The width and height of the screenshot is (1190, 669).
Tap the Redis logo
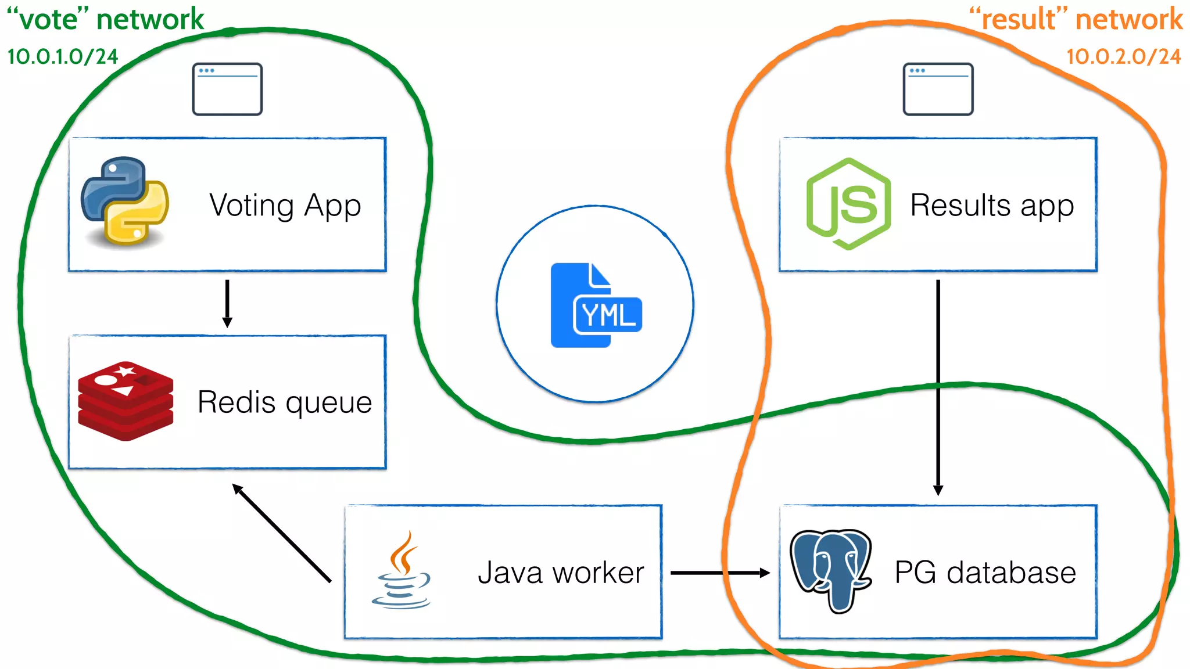pyautogui.click(x=126, y=401)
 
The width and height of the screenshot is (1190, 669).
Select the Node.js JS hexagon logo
pyautogui.click(x=848, y=204)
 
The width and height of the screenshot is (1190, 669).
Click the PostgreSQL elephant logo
pyautogui.click(x=831, y=570)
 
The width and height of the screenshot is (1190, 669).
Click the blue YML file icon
pyautogui.click(x=595, y=305)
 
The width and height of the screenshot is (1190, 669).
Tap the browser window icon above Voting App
pyautogui.click(x=227, y=89)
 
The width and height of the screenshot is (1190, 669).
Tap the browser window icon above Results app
pyautogui.click(x=938, y=89)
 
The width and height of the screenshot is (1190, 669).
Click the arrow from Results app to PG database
pyautogui.click(x=938, y=387)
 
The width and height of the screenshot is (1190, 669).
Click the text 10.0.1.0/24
pyautogui.click(x=63, y=57)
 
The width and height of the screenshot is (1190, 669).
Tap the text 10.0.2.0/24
pyautogui.click(x=1123, y=57)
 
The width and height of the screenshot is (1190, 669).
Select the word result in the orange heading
pyautogui.click(x=1019, y=20)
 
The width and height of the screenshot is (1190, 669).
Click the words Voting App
pyautogui.click(x=285, y=206)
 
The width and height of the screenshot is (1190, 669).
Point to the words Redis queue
pyautogui.click(x=285, y=402)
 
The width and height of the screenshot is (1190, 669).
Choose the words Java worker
pyautogui.click(x=561, y=573)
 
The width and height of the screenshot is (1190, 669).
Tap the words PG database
pyautogui.click(x=985, y=573)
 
